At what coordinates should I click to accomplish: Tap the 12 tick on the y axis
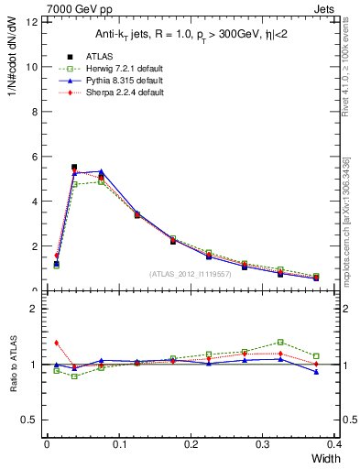coord(35,21)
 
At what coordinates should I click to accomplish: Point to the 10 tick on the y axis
coord(35,66)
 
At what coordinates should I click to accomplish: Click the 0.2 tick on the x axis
coord(191,444)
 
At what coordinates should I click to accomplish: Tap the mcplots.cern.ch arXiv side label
coord(346,220)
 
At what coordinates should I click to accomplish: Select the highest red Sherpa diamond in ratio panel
coord(57,343)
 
